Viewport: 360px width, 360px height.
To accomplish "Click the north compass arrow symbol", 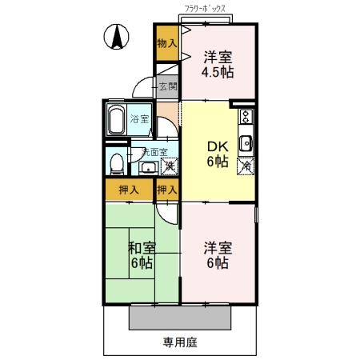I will point(117,36).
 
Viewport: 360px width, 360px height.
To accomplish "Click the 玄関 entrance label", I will point(167,86).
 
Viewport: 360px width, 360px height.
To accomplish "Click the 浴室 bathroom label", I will point(140,119).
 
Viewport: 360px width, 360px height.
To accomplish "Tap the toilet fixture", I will point(117,162).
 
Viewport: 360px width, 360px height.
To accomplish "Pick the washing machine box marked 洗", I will point(169,166).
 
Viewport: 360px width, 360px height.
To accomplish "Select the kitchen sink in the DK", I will point(246,144).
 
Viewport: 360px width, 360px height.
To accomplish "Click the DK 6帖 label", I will point(218,154).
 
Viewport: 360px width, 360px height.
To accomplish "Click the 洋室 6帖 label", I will point(218,254).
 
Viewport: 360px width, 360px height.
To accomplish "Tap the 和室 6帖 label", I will point(141,254).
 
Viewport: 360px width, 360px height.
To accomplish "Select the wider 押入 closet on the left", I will point(127,190).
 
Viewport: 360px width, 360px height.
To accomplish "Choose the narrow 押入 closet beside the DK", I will point(166,190).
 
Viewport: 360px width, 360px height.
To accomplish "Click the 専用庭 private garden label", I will point(180,342).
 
